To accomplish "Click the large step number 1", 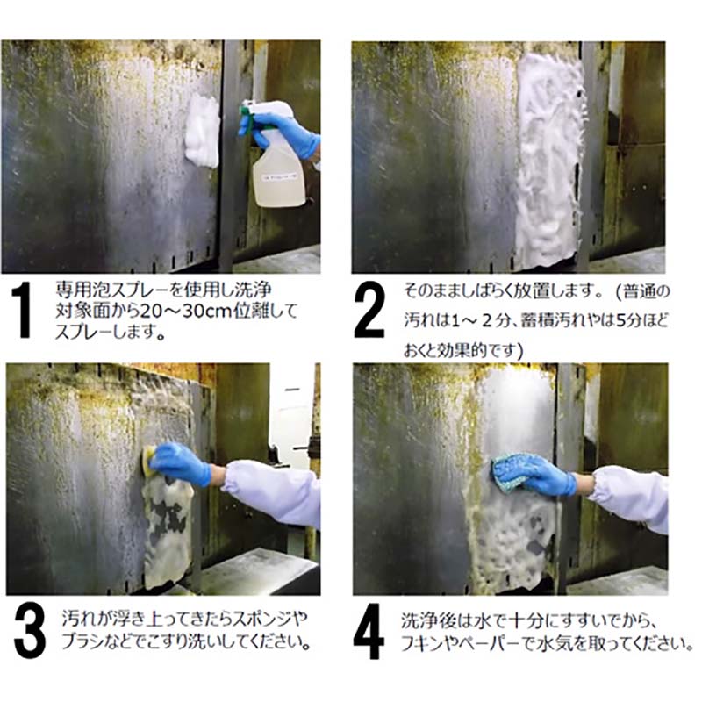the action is coord(21,310).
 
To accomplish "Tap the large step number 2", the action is coord(369,310).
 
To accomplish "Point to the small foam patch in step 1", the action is coord(203,131).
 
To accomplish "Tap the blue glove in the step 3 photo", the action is coord(181,464).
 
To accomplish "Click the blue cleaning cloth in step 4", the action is coord(511,472).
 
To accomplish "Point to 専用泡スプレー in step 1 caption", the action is coord(108,290).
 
